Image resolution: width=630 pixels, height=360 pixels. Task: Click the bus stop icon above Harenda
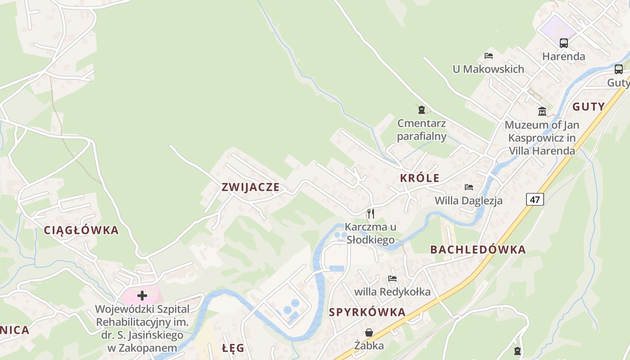[564, 43]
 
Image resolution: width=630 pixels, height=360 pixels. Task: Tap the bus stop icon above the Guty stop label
[619, 69]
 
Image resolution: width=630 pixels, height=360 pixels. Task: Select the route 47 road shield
[535, 199]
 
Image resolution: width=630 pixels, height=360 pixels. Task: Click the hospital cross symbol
[142, 296]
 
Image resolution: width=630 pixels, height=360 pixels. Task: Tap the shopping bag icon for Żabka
[369, 333]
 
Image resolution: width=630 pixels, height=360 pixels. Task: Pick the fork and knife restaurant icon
[371, 213]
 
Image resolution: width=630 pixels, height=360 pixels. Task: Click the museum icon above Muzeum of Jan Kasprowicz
[542, 111]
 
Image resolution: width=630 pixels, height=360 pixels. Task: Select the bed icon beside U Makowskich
[489, 56]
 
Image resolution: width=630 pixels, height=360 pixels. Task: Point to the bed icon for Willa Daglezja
[469, 187]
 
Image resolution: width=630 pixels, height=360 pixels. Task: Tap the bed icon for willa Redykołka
[392, 279]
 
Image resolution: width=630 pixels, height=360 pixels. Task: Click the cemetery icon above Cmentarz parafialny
[422, 109]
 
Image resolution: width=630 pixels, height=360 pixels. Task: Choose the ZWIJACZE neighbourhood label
[251, 187]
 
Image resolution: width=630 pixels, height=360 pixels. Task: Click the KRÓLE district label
[419, 178]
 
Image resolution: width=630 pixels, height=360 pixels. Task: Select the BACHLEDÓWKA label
[478, 250]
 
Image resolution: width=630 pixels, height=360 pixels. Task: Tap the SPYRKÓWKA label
[367, 312]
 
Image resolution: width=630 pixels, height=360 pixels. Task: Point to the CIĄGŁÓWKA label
[81, 230]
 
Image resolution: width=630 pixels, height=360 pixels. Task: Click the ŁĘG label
[234, 348]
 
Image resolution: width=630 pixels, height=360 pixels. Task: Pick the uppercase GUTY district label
[589, 107]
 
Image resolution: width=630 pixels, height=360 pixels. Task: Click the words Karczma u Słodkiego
[370, 233]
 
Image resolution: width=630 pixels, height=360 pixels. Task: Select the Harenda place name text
[563, 57]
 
